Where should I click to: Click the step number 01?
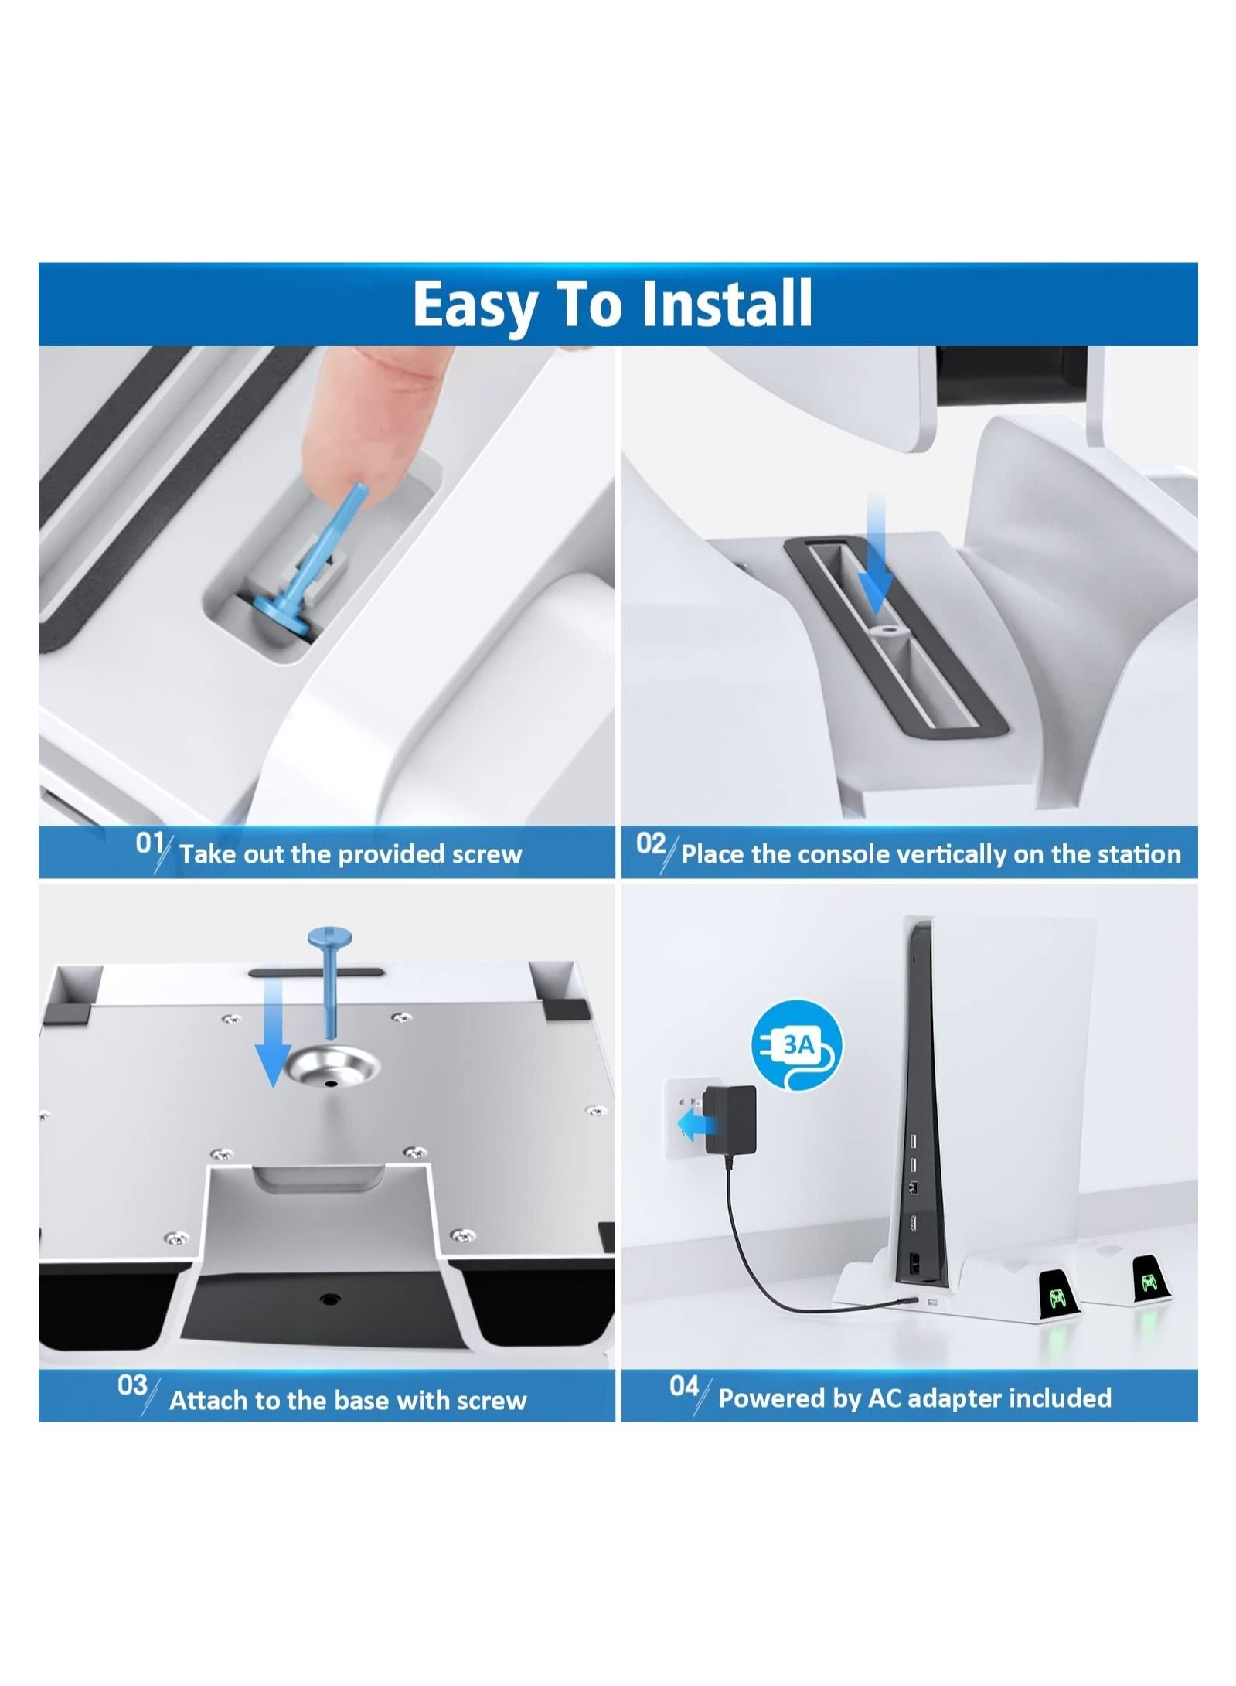[x=149, y=843]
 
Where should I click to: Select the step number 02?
[x=651, y=843]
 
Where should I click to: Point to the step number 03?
[x=132, y=1385]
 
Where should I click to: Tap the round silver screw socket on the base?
[x=332, y=1071]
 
